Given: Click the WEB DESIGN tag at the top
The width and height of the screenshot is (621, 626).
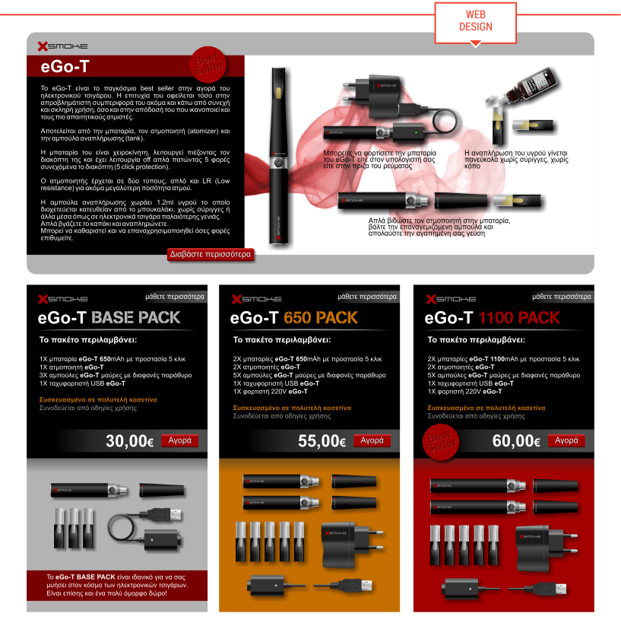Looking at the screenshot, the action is pyautogui.click(x=475, y=23).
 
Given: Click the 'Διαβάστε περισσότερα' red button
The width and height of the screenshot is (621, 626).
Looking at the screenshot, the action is pyautogui.click(x=211, y=254).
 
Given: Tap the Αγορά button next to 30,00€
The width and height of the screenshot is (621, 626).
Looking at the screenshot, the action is pyautogui.click(x=180, y=440).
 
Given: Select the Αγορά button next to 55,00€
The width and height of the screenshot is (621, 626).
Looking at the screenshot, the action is pyautogui.click(x=372, y=440).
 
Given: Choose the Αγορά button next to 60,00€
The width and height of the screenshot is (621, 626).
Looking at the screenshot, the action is pyautogui.click(x=566, y=440).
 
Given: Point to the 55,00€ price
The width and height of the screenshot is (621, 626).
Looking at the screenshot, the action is pyautogui.click(x=322, y=441).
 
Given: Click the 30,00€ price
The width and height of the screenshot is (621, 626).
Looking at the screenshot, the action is pyautogui.click(x=130, y=441).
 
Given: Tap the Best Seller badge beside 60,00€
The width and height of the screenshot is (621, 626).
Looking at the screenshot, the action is pyautogui.click(x=441, y=443).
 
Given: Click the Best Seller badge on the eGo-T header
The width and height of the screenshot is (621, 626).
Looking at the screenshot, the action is pyautogui.click(x=208, y=65).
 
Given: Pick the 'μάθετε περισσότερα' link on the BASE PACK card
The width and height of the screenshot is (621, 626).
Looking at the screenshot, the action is pyautogui.click(x=175, y=297).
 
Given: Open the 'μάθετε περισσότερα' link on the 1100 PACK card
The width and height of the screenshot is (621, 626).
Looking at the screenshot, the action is pyautogui.click(x=562, y=297).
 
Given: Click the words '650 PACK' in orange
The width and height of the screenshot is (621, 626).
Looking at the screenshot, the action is pyautogui.click(x=321, y=318).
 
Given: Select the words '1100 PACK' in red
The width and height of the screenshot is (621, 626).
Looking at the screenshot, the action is pyautogui.click(x=519, y=318).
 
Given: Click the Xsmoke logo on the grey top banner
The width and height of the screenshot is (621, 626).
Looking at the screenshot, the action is pyautogui.click(x=62, y=46).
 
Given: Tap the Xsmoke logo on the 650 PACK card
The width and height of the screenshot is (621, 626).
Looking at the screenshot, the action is pyautogui.click(x=256, y=299).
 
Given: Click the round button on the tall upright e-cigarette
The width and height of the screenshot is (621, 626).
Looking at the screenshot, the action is pyautogui.click(x=278, y=163).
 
